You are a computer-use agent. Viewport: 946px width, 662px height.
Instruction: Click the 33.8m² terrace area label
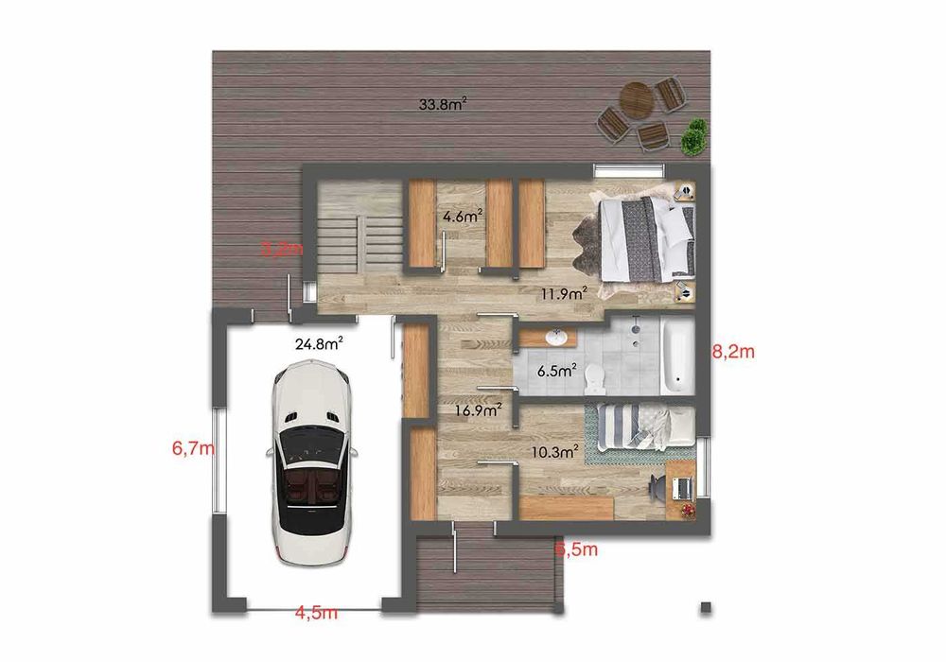click(x=443, y=105)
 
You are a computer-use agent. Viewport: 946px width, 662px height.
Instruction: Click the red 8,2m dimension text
click(x=733, y=353)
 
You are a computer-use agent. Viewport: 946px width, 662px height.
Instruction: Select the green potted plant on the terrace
click(x=694, y=137)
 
